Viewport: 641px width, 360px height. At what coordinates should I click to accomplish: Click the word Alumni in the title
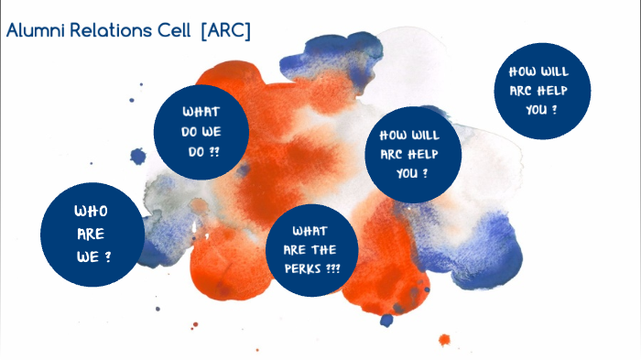(34, 31)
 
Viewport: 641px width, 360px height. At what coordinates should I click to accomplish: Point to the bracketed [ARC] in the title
(224, 31)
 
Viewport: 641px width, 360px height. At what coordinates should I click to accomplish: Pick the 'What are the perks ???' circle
(314, 249)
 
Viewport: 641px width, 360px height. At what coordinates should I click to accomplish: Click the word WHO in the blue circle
(91, 212)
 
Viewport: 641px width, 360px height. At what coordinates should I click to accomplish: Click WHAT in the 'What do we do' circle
(201, 112)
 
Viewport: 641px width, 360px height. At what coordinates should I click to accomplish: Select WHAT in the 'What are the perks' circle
(310, 231)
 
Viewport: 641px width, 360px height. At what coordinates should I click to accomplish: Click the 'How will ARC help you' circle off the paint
(541, 91)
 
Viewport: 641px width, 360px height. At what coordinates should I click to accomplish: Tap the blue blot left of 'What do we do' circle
(138, 157)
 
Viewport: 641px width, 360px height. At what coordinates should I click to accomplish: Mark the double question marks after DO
(214, 150)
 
